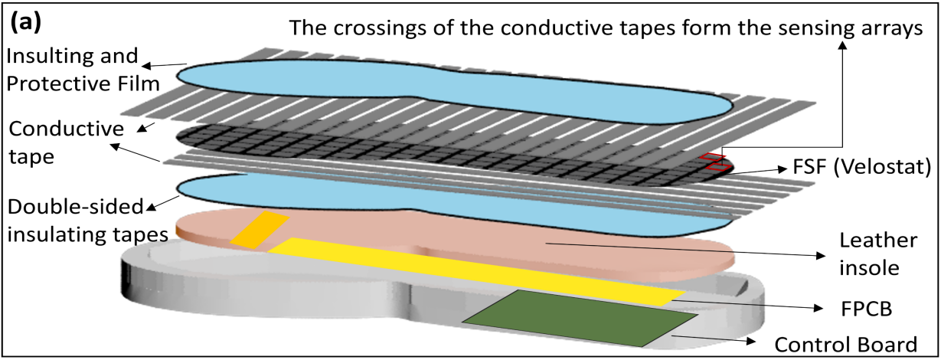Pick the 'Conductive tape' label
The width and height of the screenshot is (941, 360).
pos(60,139)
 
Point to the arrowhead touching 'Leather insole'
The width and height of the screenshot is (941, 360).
pos(824,254)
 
